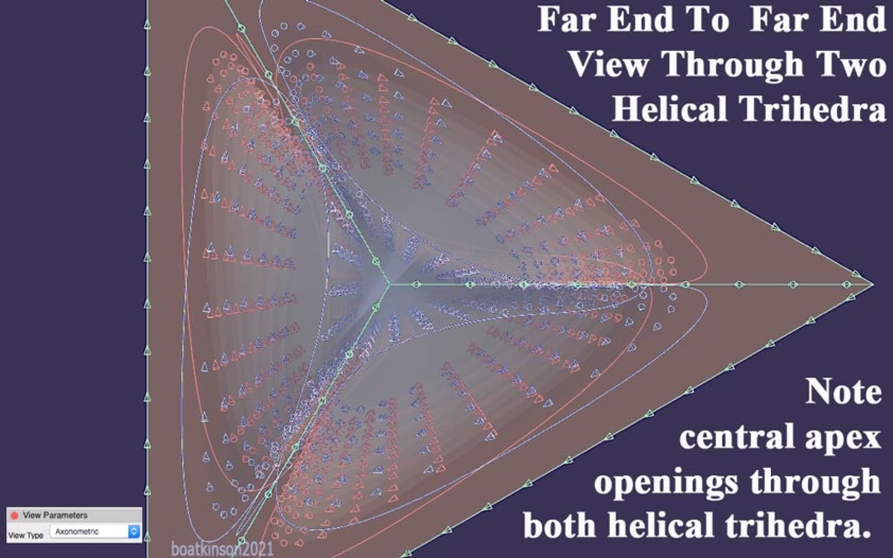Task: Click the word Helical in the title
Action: point(670,108)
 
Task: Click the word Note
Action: point(843,391)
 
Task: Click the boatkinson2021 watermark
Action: point(222,549)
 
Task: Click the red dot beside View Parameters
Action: point(14,515)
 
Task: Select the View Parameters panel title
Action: point(55,515)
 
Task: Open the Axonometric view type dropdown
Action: point(94,531)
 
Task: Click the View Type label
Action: point(26,535)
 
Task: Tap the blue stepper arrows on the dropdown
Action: point(134,531)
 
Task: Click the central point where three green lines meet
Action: point(389,284)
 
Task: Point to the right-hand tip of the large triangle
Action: point(873,284)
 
